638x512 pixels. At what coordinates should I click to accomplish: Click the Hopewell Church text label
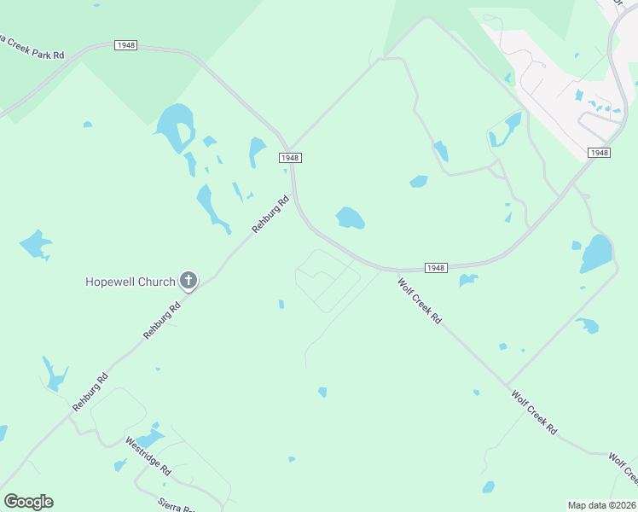[x=130, y=282]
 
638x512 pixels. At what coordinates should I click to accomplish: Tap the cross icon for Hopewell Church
[x=188, y=281]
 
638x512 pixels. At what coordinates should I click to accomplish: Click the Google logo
[x=28, y=502]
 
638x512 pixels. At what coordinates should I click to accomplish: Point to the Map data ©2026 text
[x=602, y=505]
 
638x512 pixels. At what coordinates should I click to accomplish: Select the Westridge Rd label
[x=148, y=457]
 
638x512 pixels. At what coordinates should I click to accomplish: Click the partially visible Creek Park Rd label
[x=32, y=49]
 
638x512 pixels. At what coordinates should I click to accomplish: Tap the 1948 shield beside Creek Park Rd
[x=124, y=45]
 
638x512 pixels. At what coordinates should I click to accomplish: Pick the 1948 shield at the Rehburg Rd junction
[x=290, y=158]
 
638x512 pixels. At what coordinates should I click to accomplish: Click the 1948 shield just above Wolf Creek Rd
[x=435, y=268]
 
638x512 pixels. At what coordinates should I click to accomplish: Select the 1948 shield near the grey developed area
[x=599, y=152]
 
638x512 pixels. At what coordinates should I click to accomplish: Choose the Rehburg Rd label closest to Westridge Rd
[x=90, y=393]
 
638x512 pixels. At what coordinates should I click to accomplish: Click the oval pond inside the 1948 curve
[x=351, y=218]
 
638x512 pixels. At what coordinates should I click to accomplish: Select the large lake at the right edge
[x=596, y=253]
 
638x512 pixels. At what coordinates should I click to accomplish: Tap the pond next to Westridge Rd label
[x=150, y=439]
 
